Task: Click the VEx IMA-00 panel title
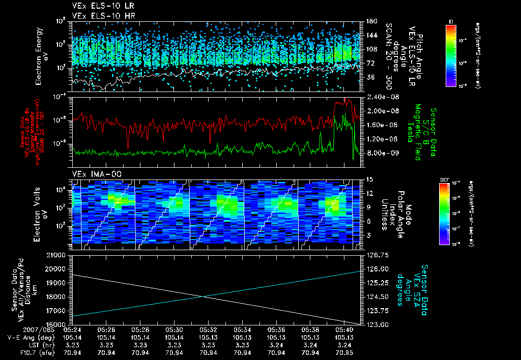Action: pos(97,174)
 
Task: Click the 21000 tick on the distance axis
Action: pos(57,255)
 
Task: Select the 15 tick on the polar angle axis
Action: pos(369,179)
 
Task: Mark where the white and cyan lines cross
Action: pos(204,296)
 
